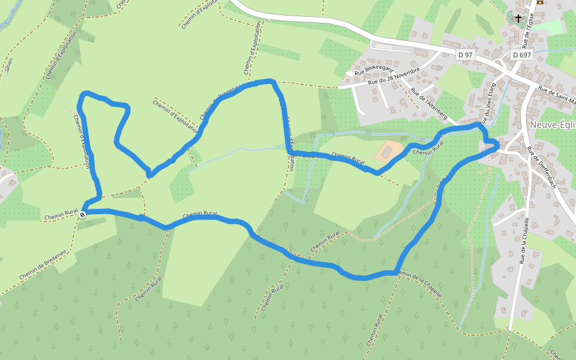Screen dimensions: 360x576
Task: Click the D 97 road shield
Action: point(465,55)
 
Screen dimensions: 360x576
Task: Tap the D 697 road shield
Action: point(522,55)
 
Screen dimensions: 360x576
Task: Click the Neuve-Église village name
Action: point(553,125)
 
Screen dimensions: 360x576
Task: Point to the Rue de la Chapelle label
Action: point(524,240)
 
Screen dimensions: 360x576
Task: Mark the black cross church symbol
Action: point(518,18)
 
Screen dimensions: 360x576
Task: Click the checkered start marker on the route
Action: point(82,214)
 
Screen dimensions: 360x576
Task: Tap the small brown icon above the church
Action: point(539,2)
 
